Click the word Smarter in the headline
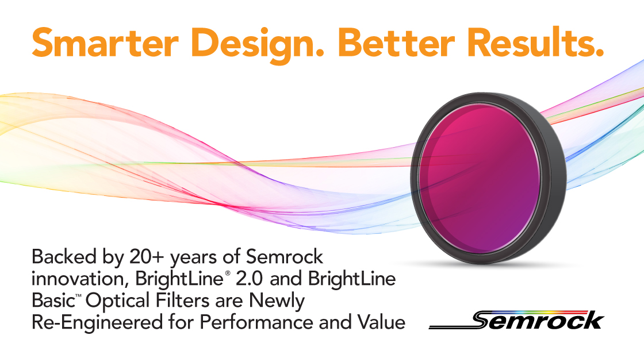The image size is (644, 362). (x=105, y=43)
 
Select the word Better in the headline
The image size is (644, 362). (x=396, y=43)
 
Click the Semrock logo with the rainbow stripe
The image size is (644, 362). (x=516, y=320)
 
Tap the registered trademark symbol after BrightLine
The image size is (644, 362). (x=227, y=273)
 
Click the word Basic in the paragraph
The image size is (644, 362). (x=51, y=301)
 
